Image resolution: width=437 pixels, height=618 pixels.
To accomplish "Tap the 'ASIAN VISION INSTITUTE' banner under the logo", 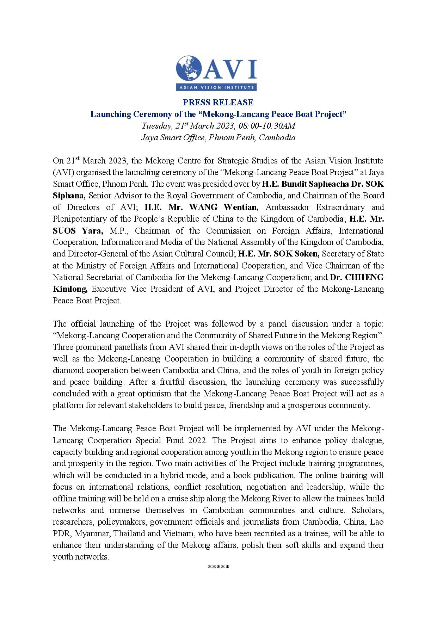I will (216, 87).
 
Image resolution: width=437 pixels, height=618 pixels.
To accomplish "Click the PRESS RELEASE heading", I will (218, 103).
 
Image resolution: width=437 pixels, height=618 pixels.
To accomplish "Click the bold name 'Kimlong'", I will (70, 289).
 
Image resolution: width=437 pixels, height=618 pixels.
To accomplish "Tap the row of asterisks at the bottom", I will (218, 568).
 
